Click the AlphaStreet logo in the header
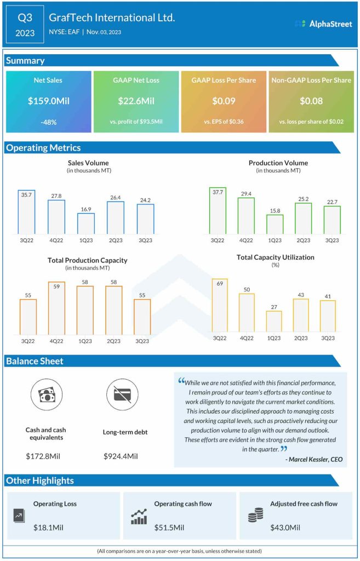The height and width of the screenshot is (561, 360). (x=323, y=24)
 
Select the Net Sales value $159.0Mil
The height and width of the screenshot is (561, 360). (x=48, y=101)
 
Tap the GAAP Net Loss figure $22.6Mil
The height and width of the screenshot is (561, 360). (x=136, y=101)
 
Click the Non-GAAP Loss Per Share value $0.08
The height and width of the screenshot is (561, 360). (x=311, y=101)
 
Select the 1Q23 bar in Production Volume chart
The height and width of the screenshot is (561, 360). (x=275, y=224)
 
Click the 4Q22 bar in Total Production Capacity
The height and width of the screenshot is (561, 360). (x=56, y=309)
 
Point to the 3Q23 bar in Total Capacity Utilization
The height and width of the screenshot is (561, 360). (x=328, y=316)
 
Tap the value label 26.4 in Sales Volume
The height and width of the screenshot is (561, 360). (x=115, y=197)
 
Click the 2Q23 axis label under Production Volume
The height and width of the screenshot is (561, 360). (x=303, y=241)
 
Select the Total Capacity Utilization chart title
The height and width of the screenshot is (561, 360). (x=275, y=257)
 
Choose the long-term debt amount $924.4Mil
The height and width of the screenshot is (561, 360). (x=121, y=456)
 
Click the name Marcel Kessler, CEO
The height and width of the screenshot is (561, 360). (x=314, y=459)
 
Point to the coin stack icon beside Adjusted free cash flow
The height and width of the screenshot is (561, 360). (x=255, y=516)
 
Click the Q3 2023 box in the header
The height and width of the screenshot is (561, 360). (x=25, y=25)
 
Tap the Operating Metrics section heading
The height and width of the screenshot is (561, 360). (x=43, y=147)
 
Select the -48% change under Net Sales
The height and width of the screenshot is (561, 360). (x=48, y=122)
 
